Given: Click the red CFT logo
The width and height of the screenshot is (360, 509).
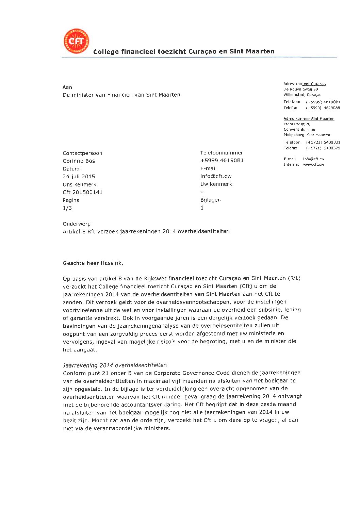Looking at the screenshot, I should [76, 41].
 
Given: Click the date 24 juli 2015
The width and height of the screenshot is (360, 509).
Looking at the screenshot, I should [79, 177].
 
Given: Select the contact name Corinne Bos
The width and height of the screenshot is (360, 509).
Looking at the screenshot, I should [79, 161].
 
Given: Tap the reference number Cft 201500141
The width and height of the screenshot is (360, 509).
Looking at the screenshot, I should [83, 192].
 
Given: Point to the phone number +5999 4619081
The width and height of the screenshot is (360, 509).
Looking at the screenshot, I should [222, 161].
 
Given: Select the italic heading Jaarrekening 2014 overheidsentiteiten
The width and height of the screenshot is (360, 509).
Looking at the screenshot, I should [115, 365].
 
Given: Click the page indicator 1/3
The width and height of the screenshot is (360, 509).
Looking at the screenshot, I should [67, 208].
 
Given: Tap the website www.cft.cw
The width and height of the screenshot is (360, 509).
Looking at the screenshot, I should [313, 164].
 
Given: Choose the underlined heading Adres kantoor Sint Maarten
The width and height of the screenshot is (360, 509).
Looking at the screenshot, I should [309, 119].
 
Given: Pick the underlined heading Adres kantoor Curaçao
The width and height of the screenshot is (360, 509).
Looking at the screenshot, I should [305, 84].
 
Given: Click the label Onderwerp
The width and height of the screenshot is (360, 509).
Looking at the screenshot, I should [77, 224].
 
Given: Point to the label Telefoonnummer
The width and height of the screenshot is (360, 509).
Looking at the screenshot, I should [222, 153].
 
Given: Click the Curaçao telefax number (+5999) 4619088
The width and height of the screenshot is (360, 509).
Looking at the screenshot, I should [323, 108].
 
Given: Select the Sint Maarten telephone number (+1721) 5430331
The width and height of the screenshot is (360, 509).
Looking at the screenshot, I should [323, 142].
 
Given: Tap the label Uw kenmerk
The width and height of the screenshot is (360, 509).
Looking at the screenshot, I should [216, 184].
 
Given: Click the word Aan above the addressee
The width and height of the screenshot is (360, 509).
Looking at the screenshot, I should [67, 87].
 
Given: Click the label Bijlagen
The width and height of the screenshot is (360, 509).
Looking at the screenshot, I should [210, 200].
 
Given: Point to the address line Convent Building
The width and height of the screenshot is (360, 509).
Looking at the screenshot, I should [299, 130].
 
